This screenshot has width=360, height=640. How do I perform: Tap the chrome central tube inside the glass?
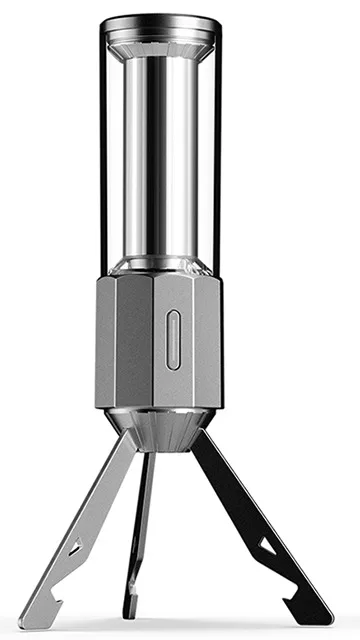coord(160,150)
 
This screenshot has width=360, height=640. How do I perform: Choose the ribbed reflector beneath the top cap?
coord(160,47)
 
